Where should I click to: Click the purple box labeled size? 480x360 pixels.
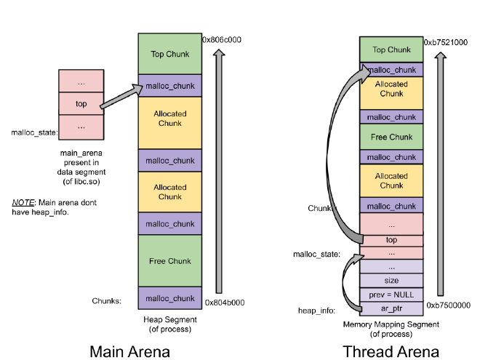(391, 281)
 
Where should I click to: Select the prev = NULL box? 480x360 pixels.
(391, 295)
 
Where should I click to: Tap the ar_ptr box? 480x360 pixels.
(391, 308)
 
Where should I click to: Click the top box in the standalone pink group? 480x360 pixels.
(81, 104)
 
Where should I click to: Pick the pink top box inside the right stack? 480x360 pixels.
(391, 240)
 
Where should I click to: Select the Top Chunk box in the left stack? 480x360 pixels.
(169, 54)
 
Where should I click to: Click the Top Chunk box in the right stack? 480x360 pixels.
(391, 50)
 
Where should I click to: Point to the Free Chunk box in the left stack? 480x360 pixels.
(169, 261)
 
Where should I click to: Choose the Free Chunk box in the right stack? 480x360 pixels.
(391, 137)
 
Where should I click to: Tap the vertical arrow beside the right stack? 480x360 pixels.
(440, 175)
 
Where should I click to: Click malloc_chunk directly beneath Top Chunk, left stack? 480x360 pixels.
(169, 86)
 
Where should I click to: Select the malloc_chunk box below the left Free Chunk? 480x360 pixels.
(169, 298)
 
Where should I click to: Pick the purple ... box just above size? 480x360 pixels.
(391, 267)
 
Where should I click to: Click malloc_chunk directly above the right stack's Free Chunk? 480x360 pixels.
(391, 117)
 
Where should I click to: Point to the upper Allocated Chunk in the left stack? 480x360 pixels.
(169, 119)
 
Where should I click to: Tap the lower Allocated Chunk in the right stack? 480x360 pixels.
(391, 180)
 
